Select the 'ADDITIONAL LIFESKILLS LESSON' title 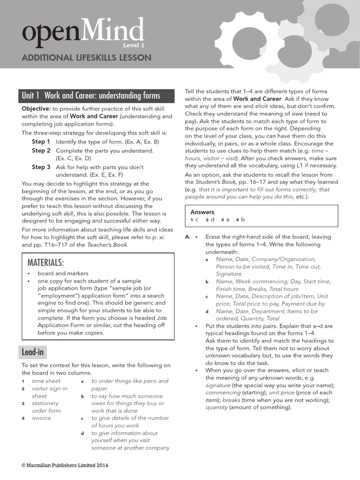pyautogui.click(x=87, y=58)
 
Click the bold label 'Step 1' pyautogui.click(x=41, y=142)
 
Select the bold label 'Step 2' pyautogui.click(x=41, y=151)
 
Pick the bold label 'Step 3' pyautogui.click(x=41, y=167)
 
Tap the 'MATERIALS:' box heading pyautogui.click(x=45, y=262)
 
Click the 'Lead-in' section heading pyautogui.click(x=34, y=352)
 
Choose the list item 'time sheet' pyautogui.click(x=46, y=381)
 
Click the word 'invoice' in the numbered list pyautogui.click(x=41, y=418)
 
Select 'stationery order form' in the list pyautogui.click(x=46, y=407)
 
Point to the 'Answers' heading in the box pyautogui.click(x=202, y=212)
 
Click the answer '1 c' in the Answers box pyautogui.click(x=195, y=219)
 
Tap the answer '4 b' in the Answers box pyautogui.click(x=240, y=219)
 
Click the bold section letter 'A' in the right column pyautogui.click(x=187, y=237)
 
